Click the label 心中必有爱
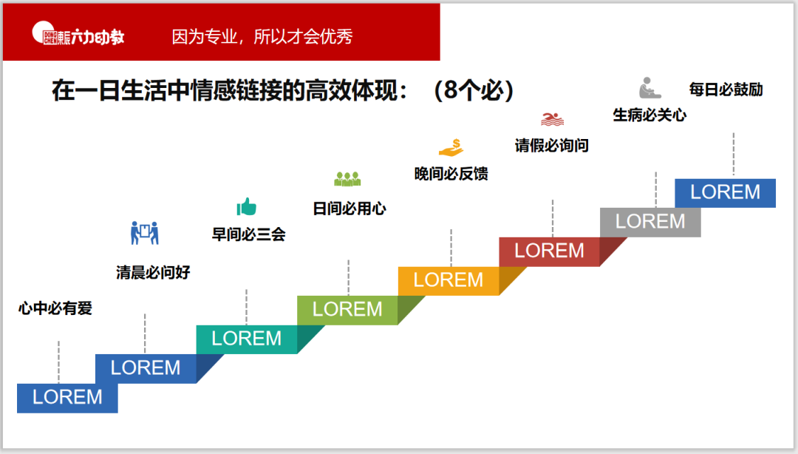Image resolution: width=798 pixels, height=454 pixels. [x=55, y=308]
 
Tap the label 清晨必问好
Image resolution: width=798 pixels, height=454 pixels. [x=153, y=272]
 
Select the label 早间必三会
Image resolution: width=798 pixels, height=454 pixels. [x=248, y=234]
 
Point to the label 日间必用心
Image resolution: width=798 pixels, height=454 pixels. [x=349, y=209]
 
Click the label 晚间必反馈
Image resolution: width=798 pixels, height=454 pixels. [x=451, y=174]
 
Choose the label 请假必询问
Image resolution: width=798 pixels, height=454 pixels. [x=551, y=145]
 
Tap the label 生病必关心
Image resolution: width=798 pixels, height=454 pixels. [x=649, y=115]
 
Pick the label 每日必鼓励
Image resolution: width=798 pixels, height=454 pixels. [x=726, y=89]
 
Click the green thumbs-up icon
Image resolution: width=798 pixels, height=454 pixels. [x=246, y=206]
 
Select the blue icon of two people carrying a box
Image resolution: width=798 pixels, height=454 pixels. [x=145, y=233]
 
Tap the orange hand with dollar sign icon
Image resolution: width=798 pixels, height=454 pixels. [x=451, y=147]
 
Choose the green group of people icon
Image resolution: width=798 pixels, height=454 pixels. [x=347, y=178]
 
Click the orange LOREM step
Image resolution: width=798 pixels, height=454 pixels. [x=449, y=280]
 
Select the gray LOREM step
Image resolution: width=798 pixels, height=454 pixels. [x=650, y=221]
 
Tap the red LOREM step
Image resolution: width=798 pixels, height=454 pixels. [x=549, y=251]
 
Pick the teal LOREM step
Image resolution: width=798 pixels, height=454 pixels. [x=247, y=339]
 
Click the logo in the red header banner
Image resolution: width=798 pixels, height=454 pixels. [x=78, y=35]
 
